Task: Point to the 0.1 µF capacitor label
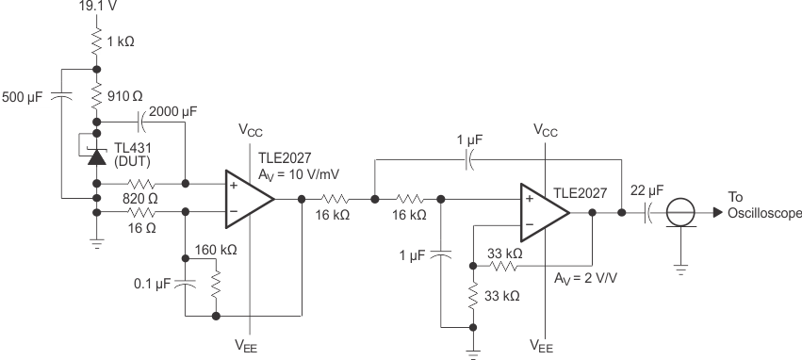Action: (150, 283)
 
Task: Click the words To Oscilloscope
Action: (763, 205)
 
